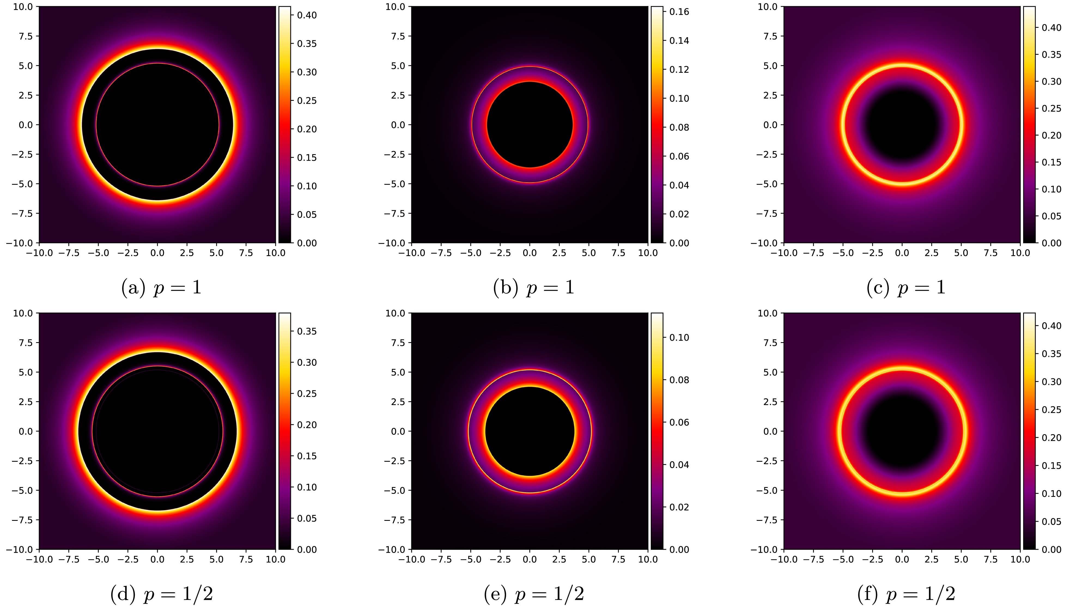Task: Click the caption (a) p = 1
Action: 161,288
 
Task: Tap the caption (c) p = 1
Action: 906,288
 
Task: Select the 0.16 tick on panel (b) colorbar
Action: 679,12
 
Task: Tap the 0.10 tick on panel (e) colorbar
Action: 679,338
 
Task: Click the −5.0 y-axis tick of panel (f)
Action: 767,490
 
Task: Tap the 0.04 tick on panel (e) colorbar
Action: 679,465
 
